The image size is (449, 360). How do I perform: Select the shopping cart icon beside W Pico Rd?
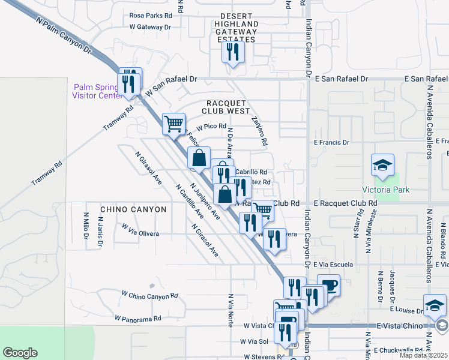tap(173, 124)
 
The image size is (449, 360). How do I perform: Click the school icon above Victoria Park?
tap(382, 165)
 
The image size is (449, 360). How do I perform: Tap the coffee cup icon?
tap(328, 286)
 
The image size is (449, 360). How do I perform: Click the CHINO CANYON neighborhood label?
tap(133, 209)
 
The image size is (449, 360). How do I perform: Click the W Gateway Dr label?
tap(150, 27)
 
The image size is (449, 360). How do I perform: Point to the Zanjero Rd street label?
tap(259, 131)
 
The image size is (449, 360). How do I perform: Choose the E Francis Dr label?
tap(331, 142)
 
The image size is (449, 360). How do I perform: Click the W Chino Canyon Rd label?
tap(149, 295)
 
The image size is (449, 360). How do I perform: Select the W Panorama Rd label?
tap(138, 318)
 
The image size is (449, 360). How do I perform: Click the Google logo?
tap(20, 352)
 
